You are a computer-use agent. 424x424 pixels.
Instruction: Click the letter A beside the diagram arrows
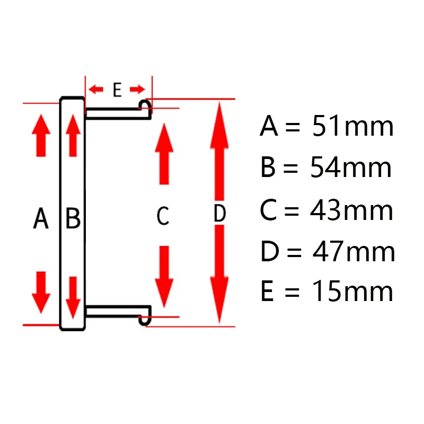[x=41, y=218]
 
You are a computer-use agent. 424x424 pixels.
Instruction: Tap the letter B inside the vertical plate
[x=73, y=218]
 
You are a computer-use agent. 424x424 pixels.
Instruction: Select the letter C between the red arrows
[x=163, y=216]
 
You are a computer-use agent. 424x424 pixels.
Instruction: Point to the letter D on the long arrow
[x=219, y=214]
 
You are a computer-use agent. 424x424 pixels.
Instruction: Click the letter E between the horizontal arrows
[x=117, y=90]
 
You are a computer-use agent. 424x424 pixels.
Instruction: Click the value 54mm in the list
[x=352, y=169]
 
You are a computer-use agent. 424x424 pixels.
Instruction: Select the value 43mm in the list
[x=352, y=210]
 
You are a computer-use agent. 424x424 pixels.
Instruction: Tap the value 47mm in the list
[x=353, y=252]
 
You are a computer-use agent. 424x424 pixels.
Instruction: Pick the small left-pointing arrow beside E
[x=96, y=89]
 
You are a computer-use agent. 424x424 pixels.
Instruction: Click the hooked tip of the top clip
[x=145, y=105]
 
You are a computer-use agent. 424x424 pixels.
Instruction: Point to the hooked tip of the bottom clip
[x=145, y=319]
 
